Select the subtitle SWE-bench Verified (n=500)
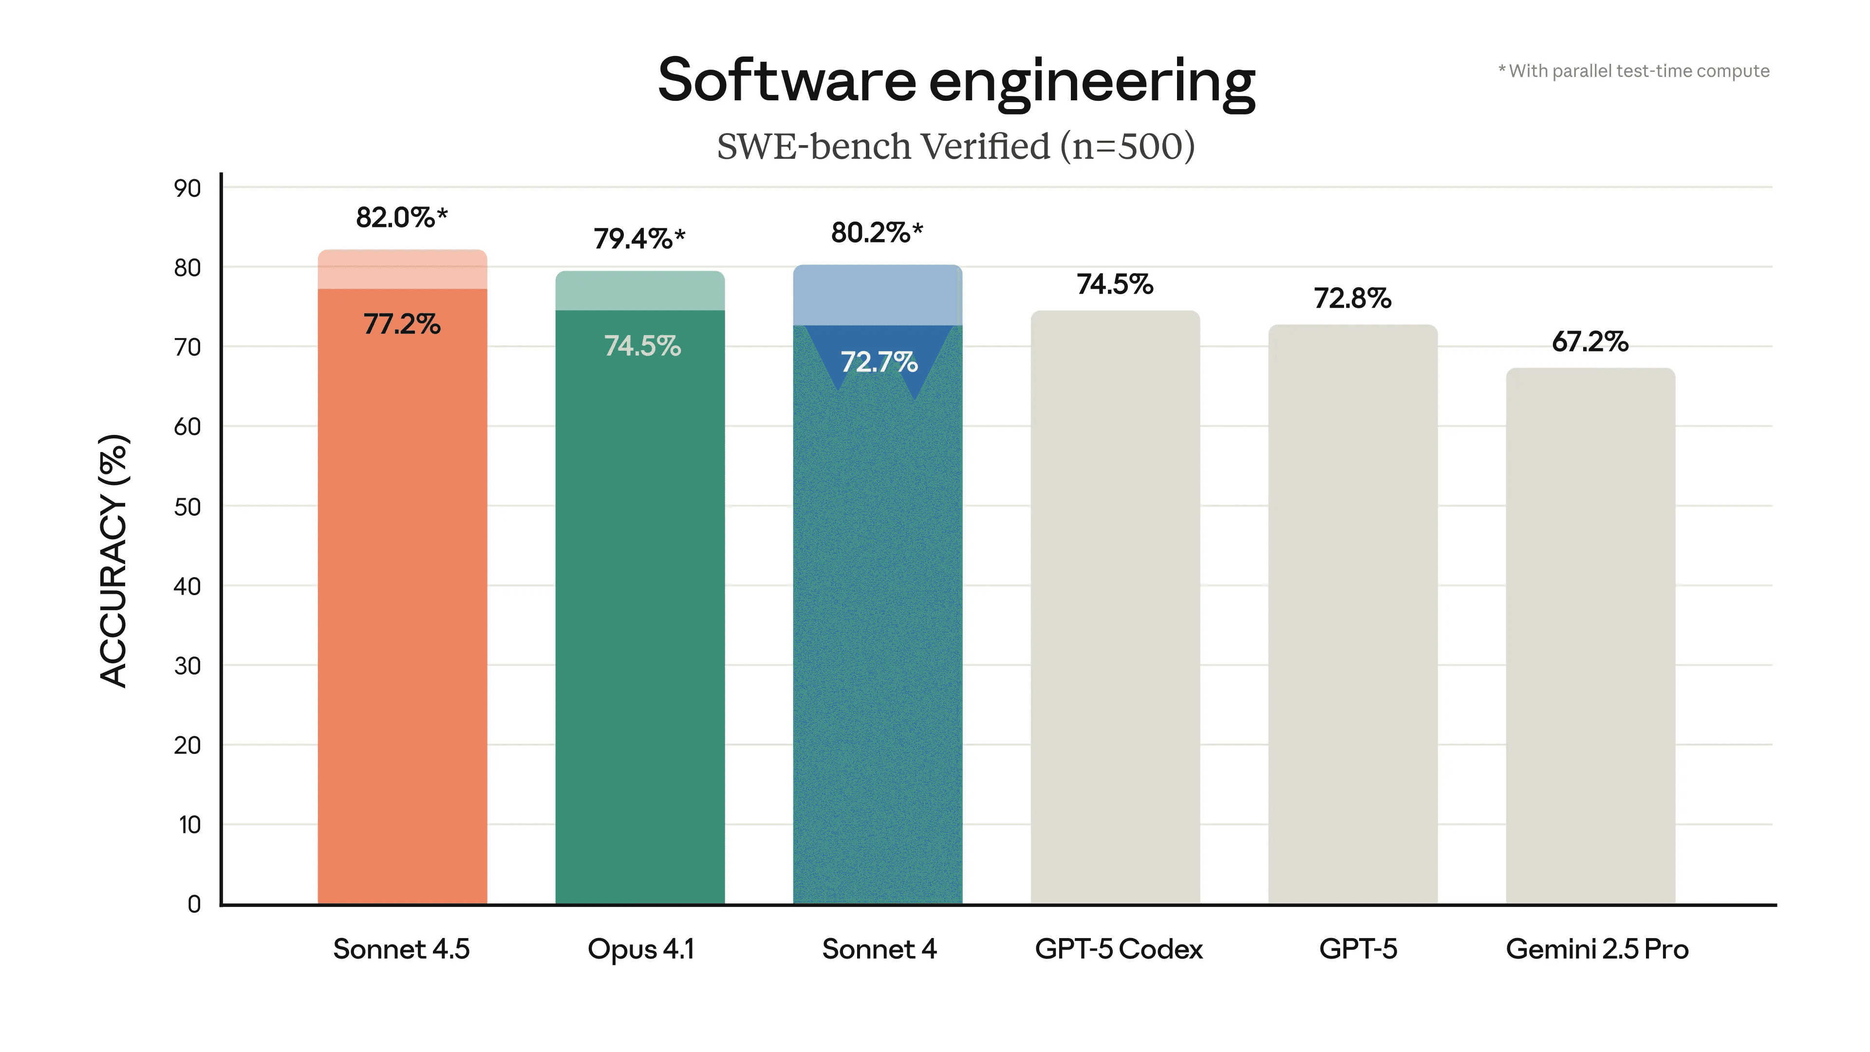pos(955,147)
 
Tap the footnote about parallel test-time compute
pos(1633,71)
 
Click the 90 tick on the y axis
pos(187,189)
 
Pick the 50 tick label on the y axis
pos(187,507)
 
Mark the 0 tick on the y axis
pos(194,904)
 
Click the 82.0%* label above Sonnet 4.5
pos(401,217)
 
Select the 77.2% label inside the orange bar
pos(401,324)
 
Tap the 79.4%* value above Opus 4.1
pos(639,238)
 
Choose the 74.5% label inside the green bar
pos(642,346)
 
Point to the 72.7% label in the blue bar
pos(879,361)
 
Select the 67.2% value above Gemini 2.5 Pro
pos(1590,341)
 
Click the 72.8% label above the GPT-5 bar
pos(1352,299)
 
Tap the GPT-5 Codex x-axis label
pos(1119,949)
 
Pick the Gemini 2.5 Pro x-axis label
pos(1597,949)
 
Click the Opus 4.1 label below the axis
pos(641,949)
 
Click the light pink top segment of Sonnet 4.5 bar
pos(402,269)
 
